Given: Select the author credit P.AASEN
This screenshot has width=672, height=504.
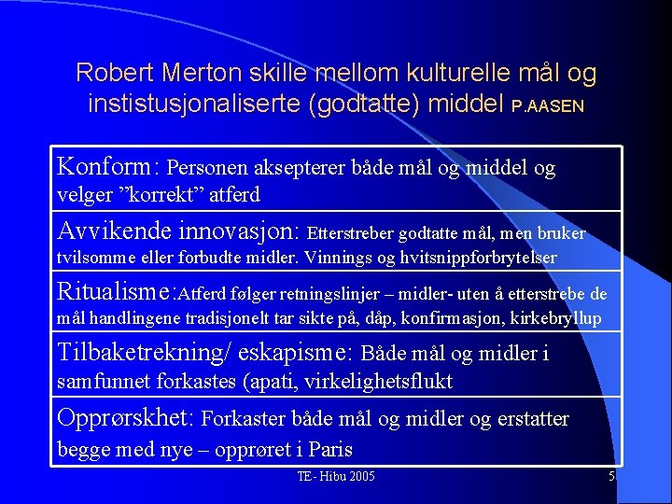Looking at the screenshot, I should [x=549, y=106].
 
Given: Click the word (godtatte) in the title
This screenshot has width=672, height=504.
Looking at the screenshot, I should [x=363, y=104].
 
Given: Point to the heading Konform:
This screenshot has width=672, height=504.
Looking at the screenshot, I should [x=109, y=167].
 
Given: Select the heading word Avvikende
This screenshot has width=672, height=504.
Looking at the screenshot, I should [x=111, y=230].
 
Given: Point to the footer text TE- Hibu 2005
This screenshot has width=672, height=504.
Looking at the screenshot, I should [x=336, y=477].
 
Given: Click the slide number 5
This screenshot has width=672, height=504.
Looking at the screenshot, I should [x=611, y=477].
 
